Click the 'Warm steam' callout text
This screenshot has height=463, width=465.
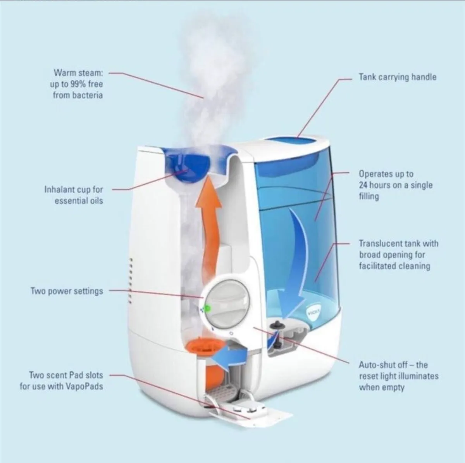(x=78, y=84)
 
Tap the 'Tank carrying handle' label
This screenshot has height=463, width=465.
(x=397, y=77)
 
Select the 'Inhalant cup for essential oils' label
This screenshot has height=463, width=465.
(x=74, y=195)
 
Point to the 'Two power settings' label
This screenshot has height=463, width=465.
(x=67, y=291)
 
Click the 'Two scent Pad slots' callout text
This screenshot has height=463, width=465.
(x=62, y=381)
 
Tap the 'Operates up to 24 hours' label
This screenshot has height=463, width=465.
(x=395, y=185)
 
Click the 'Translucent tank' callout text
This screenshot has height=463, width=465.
(x=398, y=255)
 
